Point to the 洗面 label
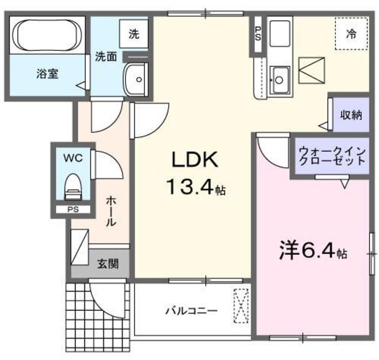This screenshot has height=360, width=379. [106, 57]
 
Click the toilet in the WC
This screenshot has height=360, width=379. [73, 185]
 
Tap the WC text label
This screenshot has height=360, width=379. [73, 158]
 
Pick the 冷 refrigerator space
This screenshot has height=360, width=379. [351, 34]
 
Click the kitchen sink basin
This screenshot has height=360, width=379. [279, 78]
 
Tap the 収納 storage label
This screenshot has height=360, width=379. [351, 115]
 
